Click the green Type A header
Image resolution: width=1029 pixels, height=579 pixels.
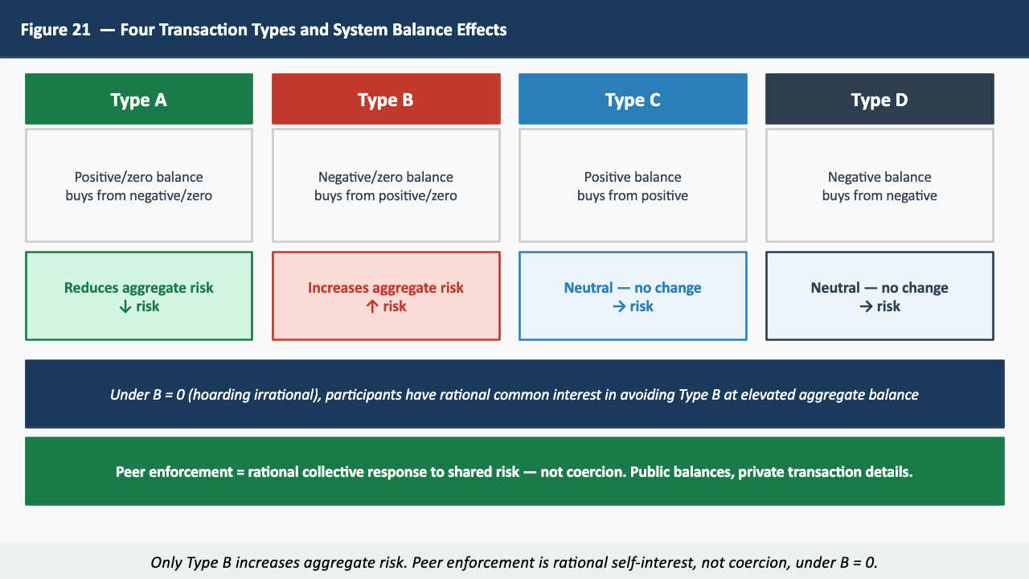pyautogui.click(x=139, y=100)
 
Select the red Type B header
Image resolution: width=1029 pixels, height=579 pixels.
pyautogui.click(x=386, y=100)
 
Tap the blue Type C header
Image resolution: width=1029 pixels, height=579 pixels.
pyautogui.click(x=633, y=100)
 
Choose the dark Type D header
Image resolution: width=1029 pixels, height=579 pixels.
pyautogui.click(x=879, y=100)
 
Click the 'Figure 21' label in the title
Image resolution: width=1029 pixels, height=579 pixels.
pyautogui.click(x=55, y=30)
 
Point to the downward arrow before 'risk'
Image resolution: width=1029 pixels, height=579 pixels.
pyautogui.click(x=125, y=306)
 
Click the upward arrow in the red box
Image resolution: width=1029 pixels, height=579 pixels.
pyautogui.click(x=371, y=306)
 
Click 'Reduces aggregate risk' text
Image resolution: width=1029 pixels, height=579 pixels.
pyautogui.click(x=139, y=288)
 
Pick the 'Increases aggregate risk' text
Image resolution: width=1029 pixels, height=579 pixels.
pyautogui.click(x=386, y=288)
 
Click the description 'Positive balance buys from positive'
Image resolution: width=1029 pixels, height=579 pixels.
pyautogui.click(x=633, y=186)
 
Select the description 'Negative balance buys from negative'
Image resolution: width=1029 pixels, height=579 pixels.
pyautogui.click(x=879, y=186)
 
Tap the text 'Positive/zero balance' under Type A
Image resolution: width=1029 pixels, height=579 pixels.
pyautogui.click(x=139, y=177)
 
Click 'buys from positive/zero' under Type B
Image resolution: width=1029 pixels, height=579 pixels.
pyautogui.click(x=386, y=195)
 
